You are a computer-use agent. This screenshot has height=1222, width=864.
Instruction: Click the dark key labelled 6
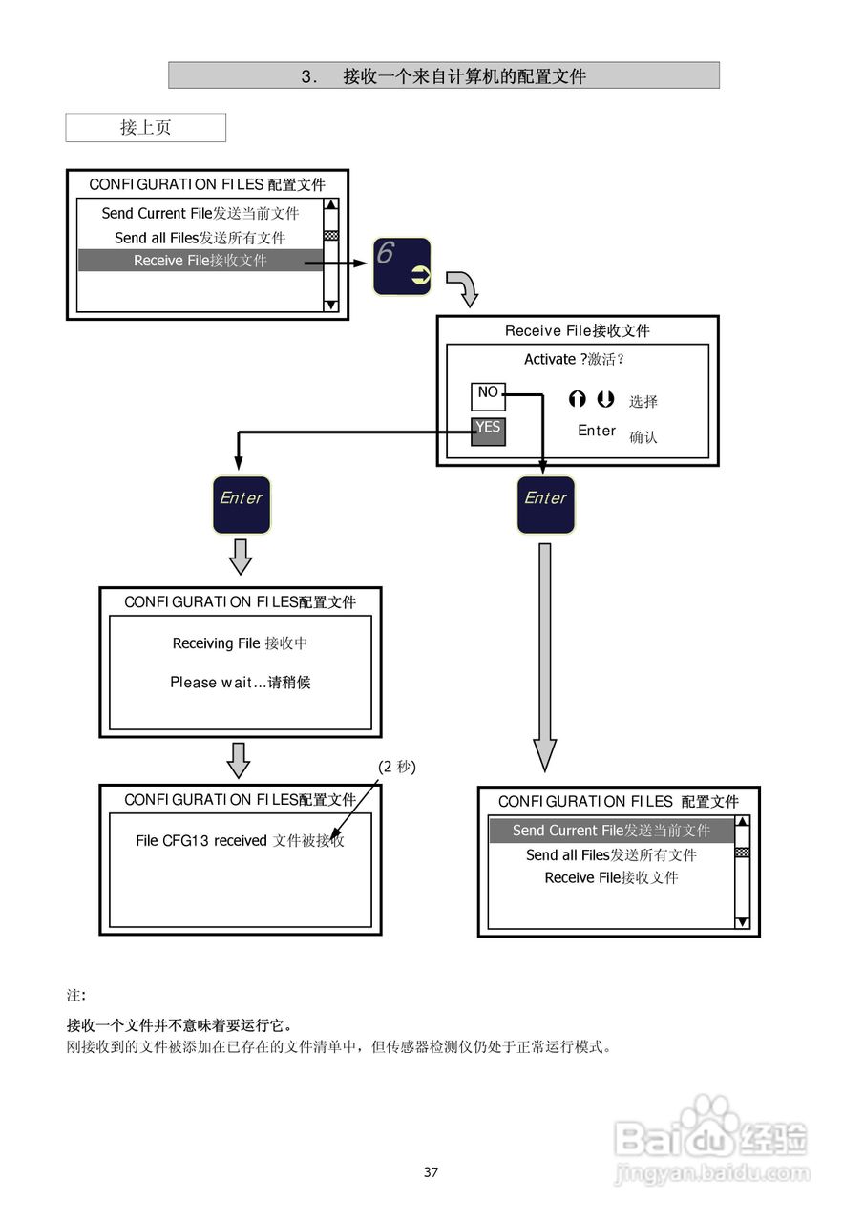(402, 266)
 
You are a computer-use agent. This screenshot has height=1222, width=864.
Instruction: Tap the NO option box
(488, 396)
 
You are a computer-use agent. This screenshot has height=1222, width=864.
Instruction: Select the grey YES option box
(488, 432)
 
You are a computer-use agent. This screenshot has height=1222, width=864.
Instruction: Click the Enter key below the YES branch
(242, 505)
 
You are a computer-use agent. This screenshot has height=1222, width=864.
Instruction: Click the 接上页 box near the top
(146, 128)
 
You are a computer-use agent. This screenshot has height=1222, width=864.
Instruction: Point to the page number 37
(431, 1171)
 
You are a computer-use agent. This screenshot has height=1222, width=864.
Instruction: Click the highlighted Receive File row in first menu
(200, 261)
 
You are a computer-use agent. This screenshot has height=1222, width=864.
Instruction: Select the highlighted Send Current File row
(611, 831)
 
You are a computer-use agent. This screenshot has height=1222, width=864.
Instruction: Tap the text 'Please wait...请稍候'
(240, 682)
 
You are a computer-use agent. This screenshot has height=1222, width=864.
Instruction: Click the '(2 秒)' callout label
(397, 767)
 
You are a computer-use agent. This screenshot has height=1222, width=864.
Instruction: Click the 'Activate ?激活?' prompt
(574, 359)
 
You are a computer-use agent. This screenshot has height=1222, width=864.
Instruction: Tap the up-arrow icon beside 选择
(577, 399)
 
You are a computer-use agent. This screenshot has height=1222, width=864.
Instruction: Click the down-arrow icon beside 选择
(605, 399)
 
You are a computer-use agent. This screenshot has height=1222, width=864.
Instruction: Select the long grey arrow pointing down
(545, 658)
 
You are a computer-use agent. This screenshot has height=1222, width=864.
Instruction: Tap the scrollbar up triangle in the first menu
(331, 204)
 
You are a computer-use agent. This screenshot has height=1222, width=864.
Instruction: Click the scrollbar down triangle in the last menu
(743, 922)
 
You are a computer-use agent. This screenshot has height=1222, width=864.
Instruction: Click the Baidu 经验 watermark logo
(712, 1140)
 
